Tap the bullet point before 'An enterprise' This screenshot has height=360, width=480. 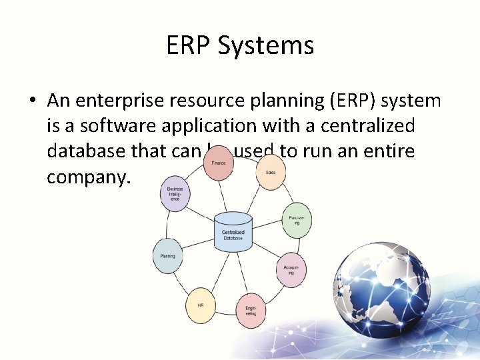[32, 101]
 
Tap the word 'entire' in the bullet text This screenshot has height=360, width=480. [390, 151]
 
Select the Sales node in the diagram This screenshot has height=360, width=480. [271, 173]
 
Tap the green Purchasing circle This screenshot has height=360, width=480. [297, 220]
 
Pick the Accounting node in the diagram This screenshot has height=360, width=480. [291, 269]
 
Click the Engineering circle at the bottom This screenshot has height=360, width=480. [251, 310]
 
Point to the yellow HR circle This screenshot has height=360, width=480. [200, 305]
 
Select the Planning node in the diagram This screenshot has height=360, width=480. [167, 256]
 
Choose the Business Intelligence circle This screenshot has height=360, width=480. [175, 194]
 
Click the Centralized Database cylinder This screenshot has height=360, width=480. [233, 232]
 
